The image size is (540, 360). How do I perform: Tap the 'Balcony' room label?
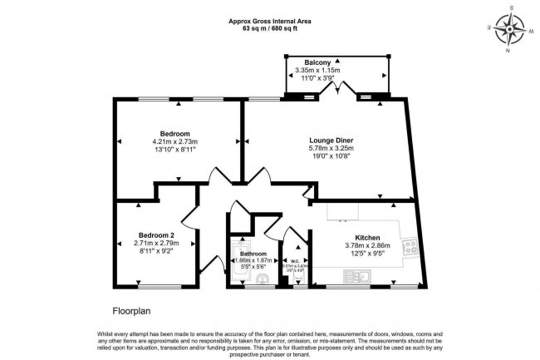(318, 63)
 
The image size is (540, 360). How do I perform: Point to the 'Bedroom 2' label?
(156, 234)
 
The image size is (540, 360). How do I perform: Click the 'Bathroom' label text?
(253, 254)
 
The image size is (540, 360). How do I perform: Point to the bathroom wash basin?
(264, 279)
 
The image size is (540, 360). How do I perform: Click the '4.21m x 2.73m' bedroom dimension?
(175, 142)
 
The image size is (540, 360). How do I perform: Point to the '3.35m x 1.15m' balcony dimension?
(318, 72)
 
